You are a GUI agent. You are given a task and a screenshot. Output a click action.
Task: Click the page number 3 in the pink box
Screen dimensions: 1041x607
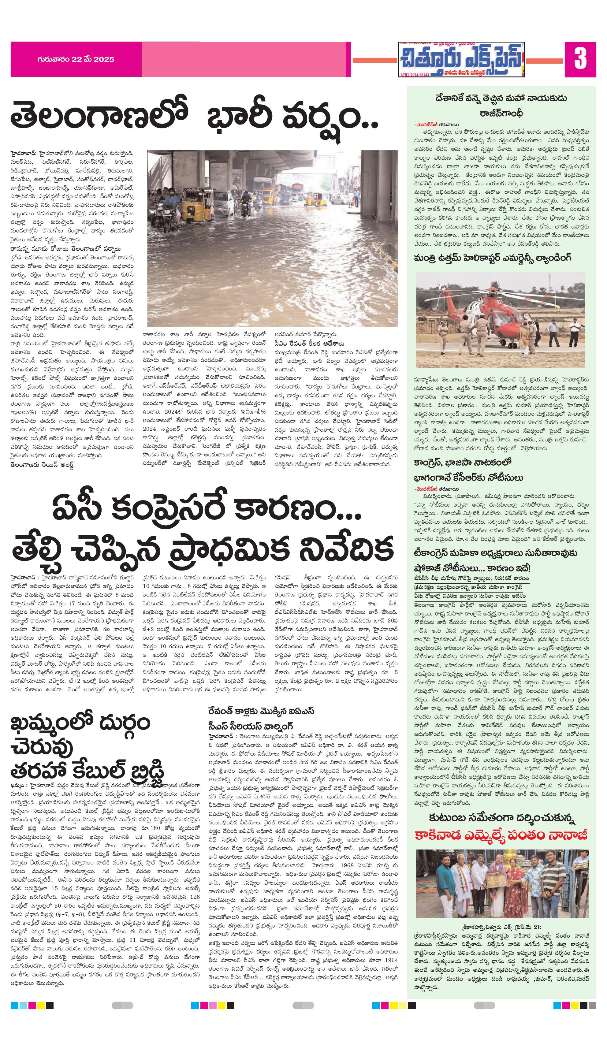580,59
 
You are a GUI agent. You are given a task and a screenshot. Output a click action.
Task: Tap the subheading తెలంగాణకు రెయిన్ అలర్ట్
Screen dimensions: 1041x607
43,465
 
